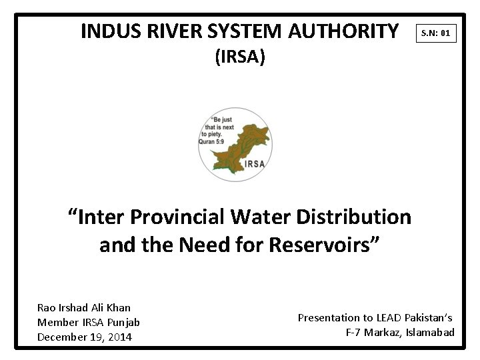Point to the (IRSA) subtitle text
240,58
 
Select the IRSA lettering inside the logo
254,163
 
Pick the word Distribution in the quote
360,217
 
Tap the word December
62,337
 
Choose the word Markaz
380,333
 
